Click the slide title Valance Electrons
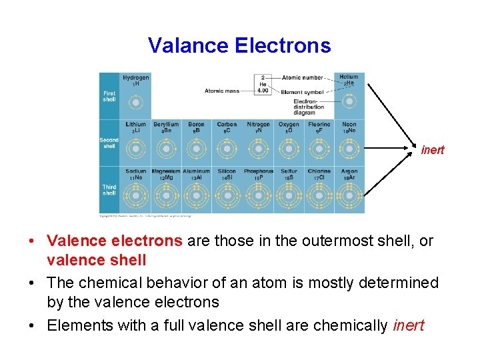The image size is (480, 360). pos(239,45)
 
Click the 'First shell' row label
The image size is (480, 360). pos(109,96)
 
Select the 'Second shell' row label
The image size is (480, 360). pos(109,143)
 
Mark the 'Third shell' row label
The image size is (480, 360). pos(109,190)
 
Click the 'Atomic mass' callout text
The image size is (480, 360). pos(222,91)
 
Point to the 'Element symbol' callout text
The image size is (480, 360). pos(301,92)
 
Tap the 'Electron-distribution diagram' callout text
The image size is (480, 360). pos(309,107)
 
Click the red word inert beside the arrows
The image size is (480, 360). pos(432,150)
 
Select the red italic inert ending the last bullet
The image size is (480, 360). pos(409,326)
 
